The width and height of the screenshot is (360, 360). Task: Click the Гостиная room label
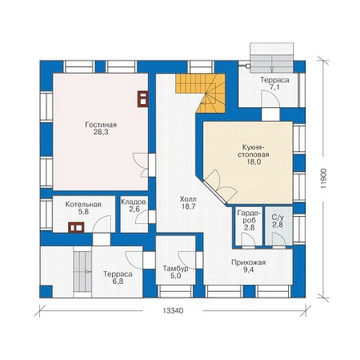pyautogui.click(x=101, y=125)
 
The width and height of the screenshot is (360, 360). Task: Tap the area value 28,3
pyautogui.click(x=101, y=133)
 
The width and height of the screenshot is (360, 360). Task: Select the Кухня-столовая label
pyautogui.click(x=252, y=151)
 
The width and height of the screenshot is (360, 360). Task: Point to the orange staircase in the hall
pyautogui.click(x=202, y=92)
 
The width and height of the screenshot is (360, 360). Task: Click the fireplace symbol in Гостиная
pyautogui.click(x=142, y=99)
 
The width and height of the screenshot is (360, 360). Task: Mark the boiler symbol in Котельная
pyautogui.click(x=76, y=227)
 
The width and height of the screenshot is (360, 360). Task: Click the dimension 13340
pyautogui.click(x=173, y=311)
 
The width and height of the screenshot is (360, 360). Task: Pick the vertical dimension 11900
pyautogui.click(x=323, y=178)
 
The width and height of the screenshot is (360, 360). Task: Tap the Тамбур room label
pyautogui.click(x=175, y=268)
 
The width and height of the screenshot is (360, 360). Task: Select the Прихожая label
pyautogui.click(x=249, y=263)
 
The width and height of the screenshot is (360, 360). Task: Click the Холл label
pyautogui.click(x=188, y=200)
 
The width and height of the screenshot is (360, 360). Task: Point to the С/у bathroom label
pyautogui.click(x=278, y=218)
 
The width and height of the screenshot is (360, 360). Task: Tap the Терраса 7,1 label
pyautogui.click(x=275, y=83)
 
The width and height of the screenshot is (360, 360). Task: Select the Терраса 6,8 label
pyautogui.click(x=118, y=277)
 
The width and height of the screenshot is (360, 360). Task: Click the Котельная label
pyautogui.click(x=83, y=205)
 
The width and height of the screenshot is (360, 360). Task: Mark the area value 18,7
pyautogui.click(x=188, y=206)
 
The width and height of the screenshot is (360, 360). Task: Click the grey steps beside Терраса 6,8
pyautogui.click(x=83, y=272)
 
